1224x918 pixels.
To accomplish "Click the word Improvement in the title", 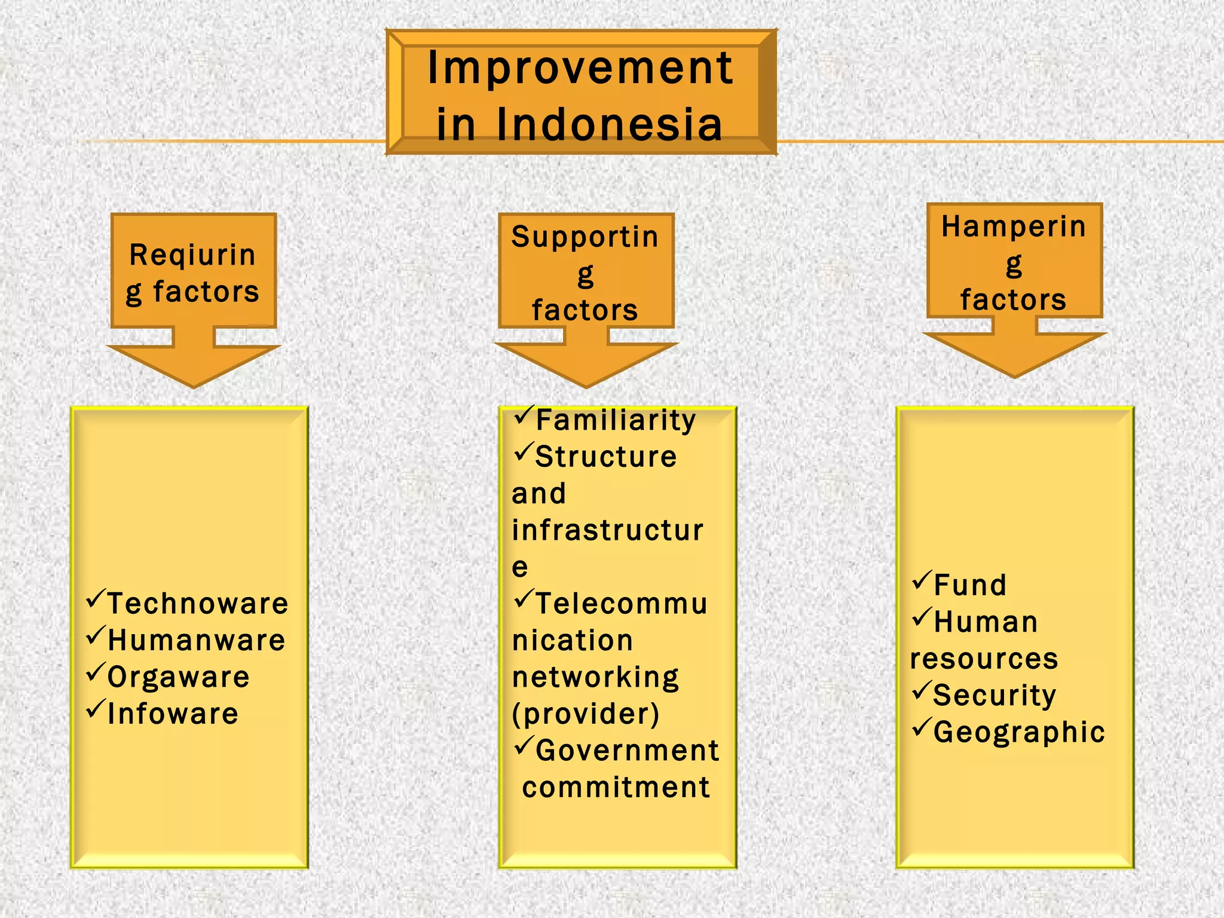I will click(580, 69).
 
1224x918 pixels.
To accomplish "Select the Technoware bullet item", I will click(197, 603).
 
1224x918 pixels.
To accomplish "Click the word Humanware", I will click(196, 640).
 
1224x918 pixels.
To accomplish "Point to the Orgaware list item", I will click(178, 677).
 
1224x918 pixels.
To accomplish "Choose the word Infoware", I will click(173, 714).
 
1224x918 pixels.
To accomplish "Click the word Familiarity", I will click(616, 420).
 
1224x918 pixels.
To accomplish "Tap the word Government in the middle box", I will click(627, 751).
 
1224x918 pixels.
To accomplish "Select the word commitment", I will click(616, 787).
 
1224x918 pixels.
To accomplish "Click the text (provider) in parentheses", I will click(586, 714).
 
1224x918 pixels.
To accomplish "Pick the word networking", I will click(596, 677).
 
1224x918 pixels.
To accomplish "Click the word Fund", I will click(970, 585).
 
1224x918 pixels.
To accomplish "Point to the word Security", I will click(994, 695).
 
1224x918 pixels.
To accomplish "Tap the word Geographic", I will click(1019, 732).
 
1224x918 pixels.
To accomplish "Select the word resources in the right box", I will click(984, 659).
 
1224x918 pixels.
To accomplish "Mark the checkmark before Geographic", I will click(922, 727).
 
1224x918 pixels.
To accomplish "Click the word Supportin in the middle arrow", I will click(585, 237).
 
